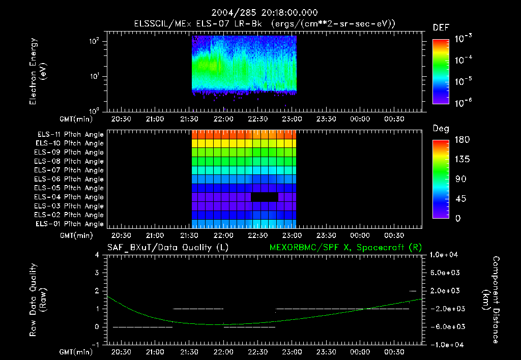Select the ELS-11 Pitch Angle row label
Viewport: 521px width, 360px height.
click(x=70, y=134)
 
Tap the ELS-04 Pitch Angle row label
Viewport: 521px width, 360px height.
click(x=70, y=197)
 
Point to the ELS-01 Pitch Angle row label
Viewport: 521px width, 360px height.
click(x=70, y=224)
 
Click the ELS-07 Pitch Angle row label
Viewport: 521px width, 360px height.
click(x=70, y=170)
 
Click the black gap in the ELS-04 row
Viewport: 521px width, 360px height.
click(x=265, y=197)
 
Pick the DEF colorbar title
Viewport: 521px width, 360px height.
click(x=440, y=28)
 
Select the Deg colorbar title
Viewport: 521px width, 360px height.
click(x=440, y=129)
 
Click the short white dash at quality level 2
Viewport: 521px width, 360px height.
click(x=413, y=291)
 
